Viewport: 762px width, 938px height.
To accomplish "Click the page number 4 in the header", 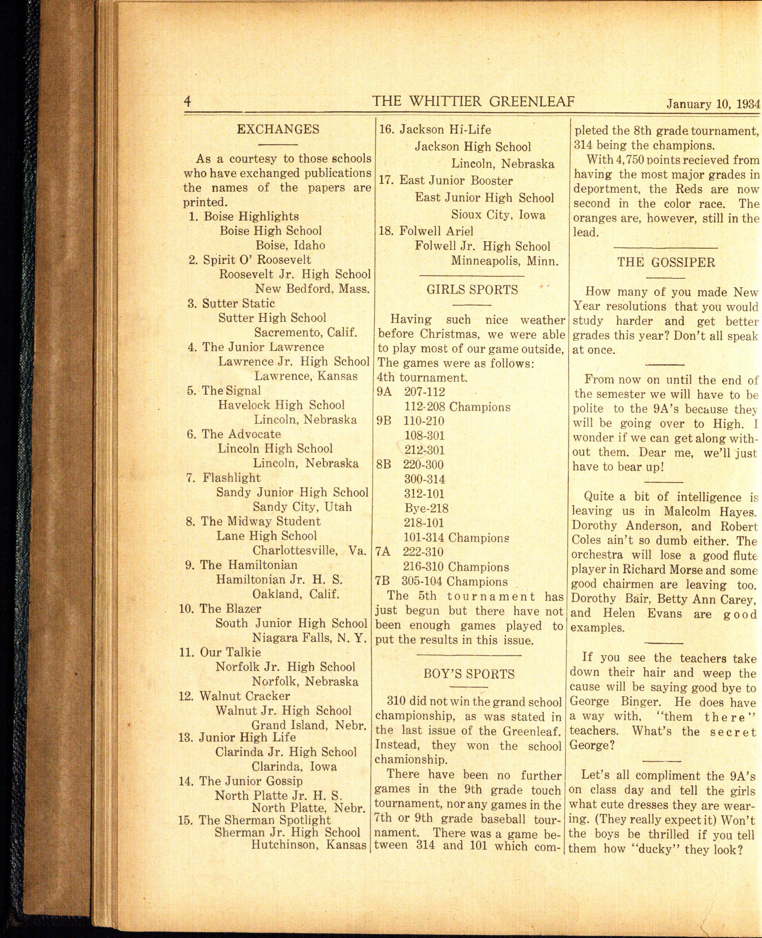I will click(187, 102).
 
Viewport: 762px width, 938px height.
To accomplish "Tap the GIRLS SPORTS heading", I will click(472, 290).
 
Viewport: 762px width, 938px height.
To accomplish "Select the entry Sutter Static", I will click(238, 303).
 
